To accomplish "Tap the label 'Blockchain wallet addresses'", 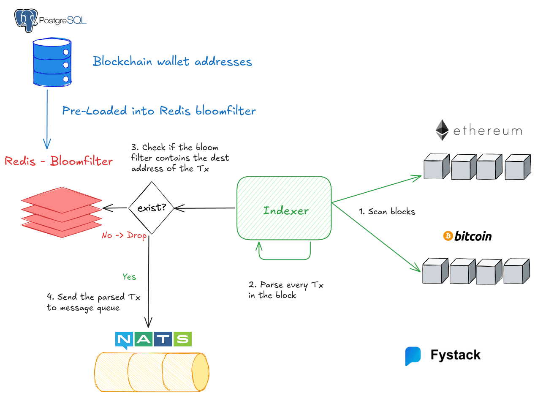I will [x=172, y=62].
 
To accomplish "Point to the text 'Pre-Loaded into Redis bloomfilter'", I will [x=159, y=111].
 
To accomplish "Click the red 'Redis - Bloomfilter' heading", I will [x=59, y=161].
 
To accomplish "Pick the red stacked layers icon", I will [x=62, y=211].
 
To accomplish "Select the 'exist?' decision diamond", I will [x=151, y=208].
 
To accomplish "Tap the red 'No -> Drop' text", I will [x=124, y=236].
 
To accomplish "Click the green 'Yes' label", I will [x=129, y=277].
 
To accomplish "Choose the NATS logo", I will [x=153, y=340].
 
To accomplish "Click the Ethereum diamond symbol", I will [x=442, y=130].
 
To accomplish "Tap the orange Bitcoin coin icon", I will [x=448, y=236].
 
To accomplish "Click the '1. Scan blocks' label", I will [x=387, y=212].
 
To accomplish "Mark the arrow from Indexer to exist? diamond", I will [x=205, y=208].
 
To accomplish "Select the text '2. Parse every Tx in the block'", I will [x=285, y=290].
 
